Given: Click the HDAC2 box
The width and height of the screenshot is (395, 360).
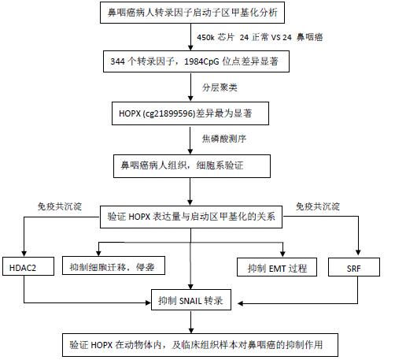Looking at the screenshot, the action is (x=28, y=266).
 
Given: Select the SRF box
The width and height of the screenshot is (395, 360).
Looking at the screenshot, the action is (x=354, y=267).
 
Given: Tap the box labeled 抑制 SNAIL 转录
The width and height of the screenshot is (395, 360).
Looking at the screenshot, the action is (x=191, y=300).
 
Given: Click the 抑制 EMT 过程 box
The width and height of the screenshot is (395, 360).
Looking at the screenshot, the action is (x=277, y=267).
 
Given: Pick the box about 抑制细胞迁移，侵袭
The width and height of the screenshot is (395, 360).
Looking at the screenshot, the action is (x=113, y=265).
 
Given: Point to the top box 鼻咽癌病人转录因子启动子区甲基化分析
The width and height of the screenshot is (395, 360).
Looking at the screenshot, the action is (x=192, y=13).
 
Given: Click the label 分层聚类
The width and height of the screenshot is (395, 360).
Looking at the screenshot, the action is (x=220, y=87).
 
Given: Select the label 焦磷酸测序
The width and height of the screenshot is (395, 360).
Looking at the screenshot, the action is (x=224, y=139).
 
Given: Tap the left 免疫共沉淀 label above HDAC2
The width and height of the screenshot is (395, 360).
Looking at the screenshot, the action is (x=60, y=206).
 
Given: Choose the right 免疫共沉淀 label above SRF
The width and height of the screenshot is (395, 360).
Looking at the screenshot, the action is (x=318, y=206).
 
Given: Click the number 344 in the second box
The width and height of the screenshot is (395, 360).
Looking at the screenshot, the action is (x=117, y=61).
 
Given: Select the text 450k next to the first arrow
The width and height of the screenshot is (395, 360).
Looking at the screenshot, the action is (x=206, y=37).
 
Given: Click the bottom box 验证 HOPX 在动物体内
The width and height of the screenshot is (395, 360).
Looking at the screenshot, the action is (x=200, y=345).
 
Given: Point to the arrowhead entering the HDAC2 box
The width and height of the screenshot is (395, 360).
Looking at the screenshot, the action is (x=24, y=254).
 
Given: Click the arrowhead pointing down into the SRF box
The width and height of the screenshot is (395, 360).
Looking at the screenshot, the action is (x=358, y=252).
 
